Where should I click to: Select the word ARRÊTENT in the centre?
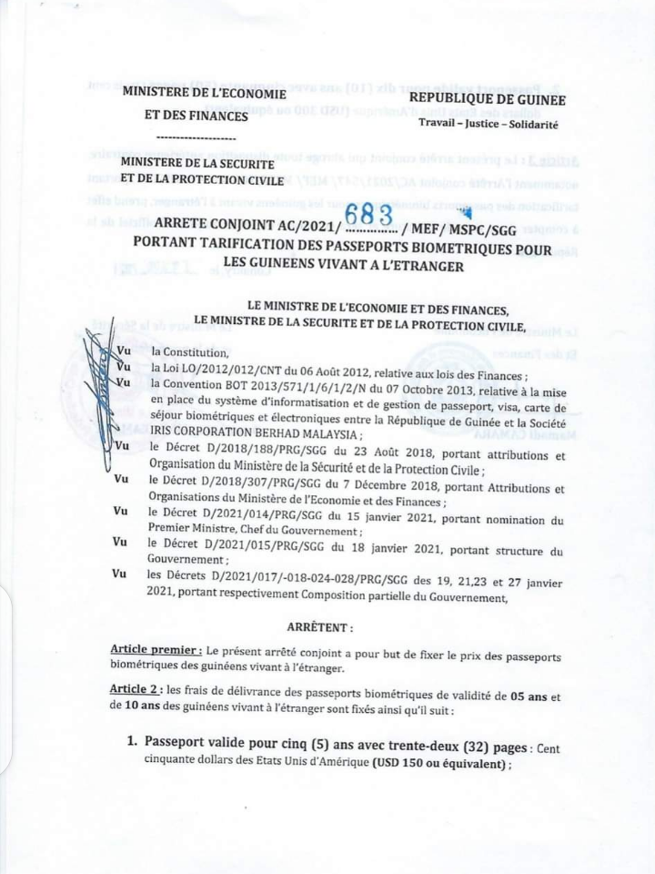pyautogui.click(x=320, y=628)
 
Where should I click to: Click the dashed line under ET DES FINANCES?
pyautogui.click(x=196, y=137)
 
